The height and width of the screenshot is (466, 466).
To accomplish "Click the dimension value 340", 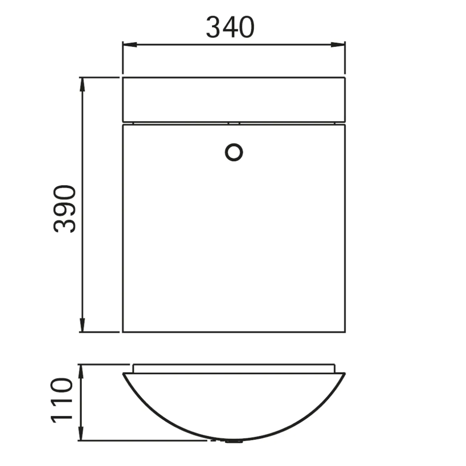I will coord(230,27).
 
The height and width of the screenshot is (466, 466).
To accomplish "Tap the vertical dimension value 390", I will coord(64,208).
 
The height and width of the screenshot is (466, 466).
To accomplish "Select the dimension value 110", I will coord(62,400).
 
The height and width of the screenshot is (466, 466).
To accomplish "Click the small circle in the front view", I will coord(234,152).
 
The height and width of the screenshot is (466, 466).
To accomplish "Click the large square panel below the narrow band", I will coord(234,241).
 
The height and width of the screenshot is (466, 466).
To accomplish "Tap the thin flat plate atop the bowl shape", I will coord(234,368).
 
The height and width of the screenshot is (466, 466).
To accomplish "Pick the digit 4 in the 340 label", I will coord(230,27).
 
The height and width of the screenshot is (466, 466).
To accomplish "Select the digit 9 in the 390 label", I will coord(64,208).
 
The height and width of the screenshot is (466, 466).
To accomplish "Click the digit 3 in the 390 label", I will coord(64,225).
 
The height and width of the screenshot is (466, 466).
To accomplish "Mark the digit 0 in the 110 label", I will coord(62,386).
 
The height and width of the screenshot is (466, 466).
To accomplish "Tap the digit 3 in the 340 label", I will coord(214,27).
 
